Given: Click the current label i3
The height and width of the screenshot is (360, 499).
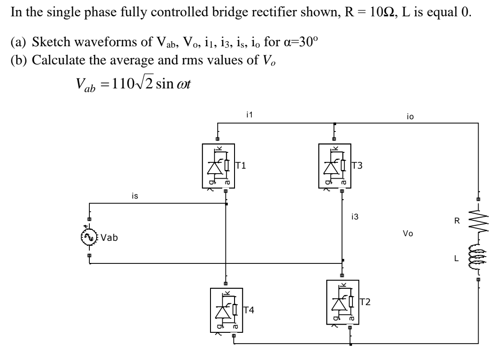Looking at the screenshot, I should [355, 217].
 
